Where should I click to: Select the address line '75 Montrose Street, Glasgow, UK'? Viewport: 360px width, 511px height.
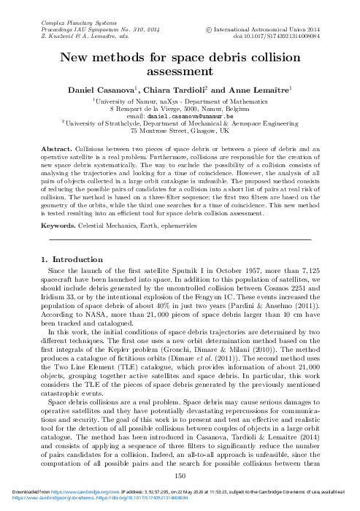coord(180,132)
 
